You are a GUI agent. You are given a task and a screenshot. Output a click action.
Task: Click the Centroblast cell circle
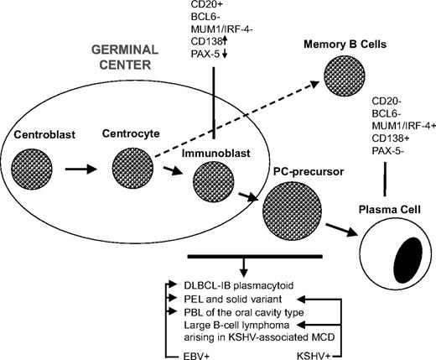click(x=34, y=164)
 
